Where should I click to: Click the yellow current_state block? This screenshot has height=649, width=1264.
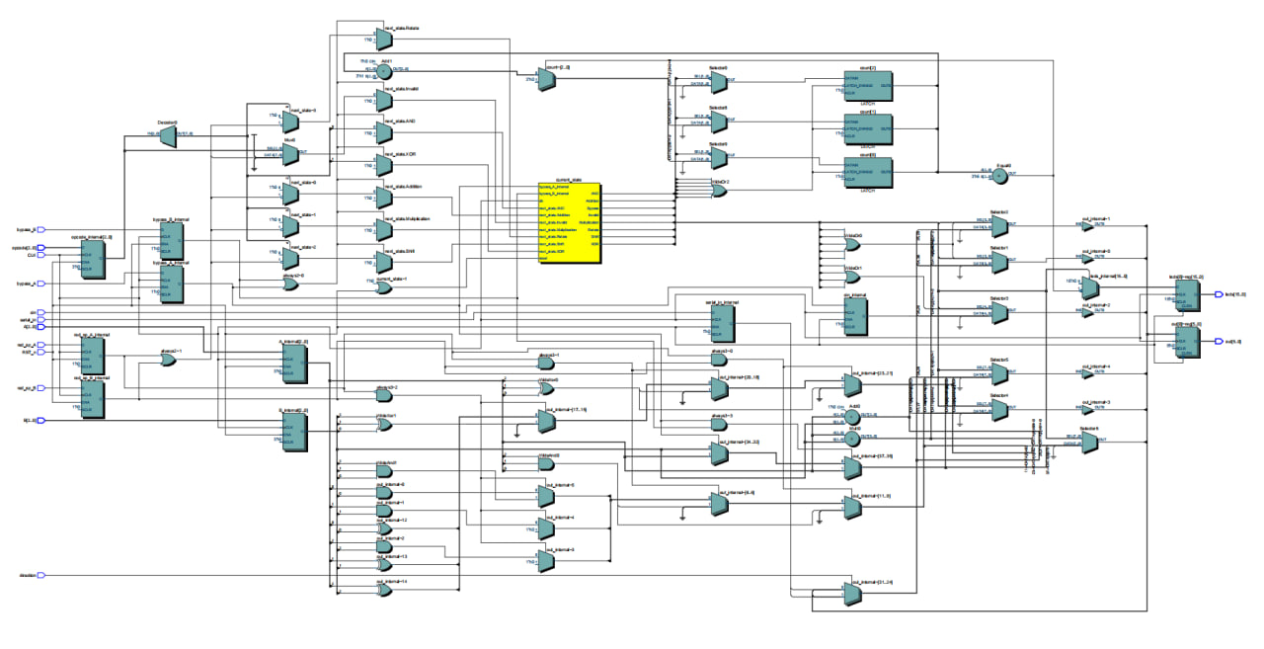tap(569, 223)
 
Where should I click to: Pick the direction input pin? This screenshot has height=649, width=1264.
tap(41, 575)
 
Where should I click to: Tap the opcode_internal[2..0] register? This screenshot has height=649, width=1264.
tap(93, 259)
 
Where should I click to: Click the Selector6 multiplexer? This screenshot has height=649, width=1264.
tap(1089, 443)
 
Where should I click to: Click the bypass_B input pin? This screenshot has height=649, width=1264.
tap(41, 201)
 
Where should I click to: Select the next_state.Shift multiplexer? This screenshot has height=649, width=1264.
tap(382, 262)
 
